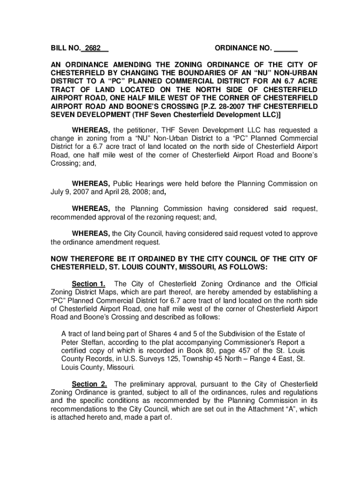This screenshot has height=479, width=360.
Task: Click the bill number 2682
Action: pyautogui.click(x=94, y=48)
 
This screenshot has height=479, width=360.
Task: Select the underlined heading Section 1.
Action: pyautogui.click(x=88, y=284)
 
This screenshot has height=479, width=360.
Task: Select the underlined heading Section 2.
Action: pyautogui.click(x=88, y=384)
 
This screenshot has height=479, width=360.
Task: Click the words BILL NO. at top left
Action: pyautogui.click(x=66, y=48)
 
